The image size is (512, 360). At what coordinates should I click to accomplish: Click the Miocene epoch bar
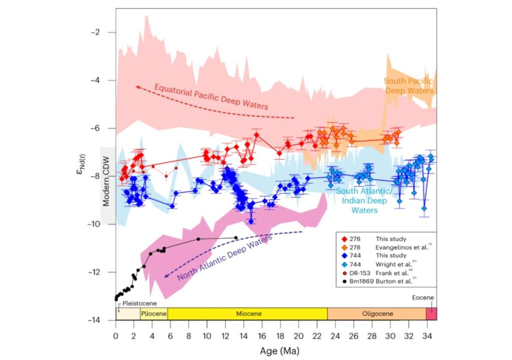coord(247,314)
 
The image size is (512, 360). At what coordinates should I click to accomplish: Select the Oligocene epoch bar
coord(376,314)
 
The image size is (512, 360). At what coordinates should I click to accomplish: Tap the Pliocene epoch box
coord(153,314)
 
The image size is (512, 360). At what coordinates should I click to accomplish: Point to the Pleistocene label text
coord(137,303)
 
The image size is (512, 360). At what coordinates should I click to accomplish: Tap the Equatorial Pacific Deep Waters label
coord(211,96)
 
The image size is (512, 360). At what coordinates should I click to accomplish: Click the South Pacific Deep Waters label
coord(408,85)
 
